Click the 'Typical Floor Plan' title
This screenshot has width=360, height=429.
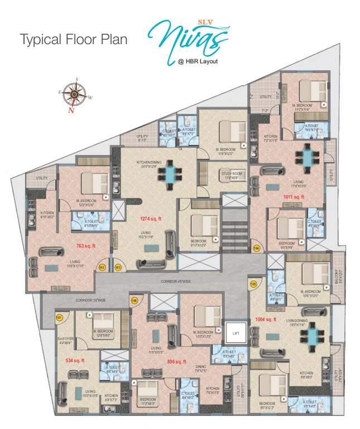pos(74,40)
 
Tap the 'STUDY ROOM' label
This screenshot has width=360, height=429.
pos(232,173)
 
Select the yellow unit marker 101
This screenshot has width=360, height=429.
pos(59,317)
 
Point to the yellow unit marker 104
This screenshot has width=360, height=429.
pos(256,247)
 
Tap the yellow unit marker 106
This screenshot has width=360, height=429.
pos(134,301)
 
